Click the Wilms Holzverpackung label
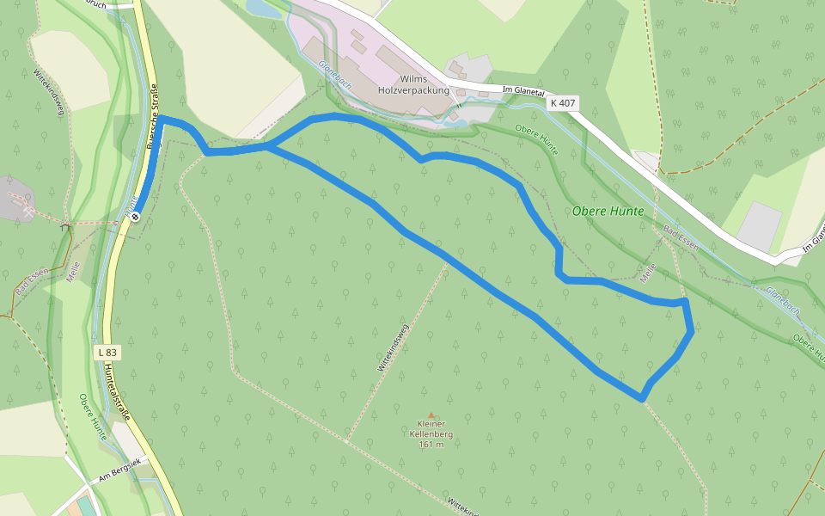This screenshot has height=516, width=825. (413, 83)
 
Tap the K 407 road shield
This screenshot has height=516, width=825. (563, 103)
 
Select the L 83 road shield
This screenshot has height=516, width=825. (107, 352)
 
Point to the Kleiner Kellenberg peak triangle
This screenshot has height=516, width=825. (431, 415)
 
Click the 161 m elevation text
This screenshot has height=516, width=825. (431, 444)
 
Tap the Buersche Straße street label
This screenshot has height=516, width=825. (154, 117)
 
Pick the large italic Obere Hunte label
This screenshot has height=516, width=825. (608, 211)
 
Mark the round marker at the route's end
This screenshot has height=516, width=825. (136, 217)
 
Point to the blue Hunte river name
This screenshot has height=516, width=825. (131, 206)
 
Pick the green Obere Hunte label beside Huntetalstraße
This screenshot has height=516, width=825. (93, 416)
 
